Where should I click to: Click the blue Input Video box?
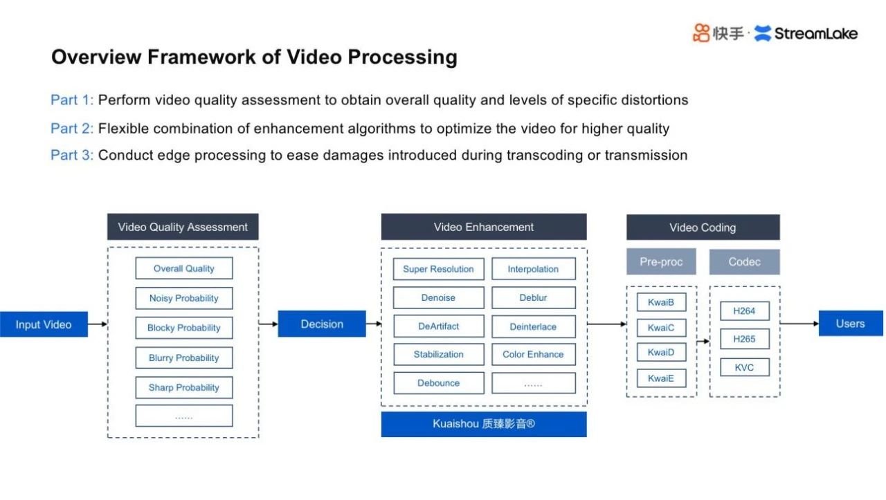(x=44, y=324)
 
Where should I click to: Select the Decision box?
(x=322, y=324)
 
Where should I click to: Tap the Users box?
(x=851, y=324)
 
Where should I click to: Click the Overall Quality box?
(x=184, y=268)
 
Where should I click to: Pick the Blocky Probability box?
(x=184, y=328)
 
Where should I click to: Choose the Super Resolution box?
(x=438, y=269)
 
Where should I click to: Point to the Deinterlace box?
(x=533, y=326)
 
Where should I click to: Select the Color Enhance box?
(x=533, y=354)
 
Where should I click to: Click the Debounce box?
(x=438, y=383)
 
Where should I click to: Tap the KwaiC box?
(x=661, y=328)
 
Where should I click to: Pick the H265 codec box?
(x=744, y=339)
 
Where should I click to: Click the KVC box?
(x=744, y=367)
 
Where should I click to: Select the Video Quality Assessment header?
(x=183, y=227)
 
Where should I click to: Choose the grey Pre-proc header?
(x=661, y=262)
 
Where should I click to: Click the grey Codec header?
(x=744, y=262)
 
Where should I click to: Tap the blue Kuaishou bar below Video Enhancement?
(x=483, y=425)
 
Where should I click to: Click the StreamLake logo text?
(x=815, y=33)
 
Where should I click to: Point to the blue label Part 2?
(x=72, y=129)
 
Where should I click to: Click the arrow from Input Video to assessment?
(x=98, y=324)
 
